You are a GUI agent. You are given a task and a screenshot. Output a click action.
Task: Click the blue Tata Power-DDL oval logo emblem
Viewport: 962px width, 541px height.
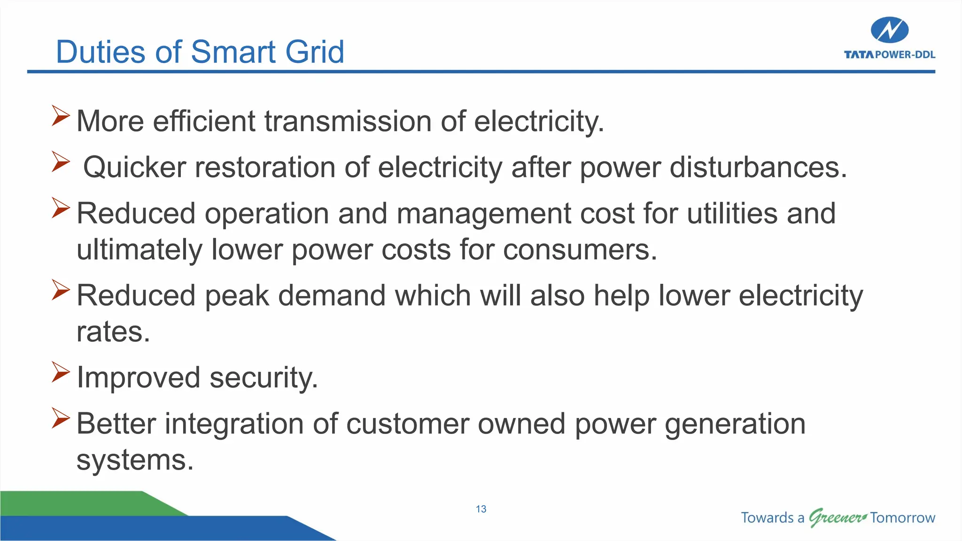[889, 30]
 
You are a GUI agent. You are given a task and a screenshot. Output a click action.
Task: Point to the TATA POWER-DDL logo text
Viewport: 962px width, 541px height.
[889, 55]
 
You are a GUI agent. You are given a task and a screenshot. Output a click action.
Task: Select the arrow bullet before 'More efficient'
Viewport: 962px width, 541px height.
[61, 116]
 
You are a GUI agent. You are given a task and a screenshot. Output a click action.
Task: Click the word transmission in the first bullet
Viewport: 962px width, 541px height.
[348, 121]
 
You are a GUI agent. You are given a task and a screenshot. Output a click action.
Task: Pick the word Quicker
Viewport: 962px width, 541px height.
[135, 167]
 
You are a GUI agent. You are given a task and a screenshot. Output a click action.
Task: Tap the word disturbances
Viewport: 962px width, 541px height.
[758, 167]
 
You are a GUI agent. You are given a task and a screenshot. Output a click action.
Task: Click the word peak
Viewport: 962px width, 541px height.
[237, 296]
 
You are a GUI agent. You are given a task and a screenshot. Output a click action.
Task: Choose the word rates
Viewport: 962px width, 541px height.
[113, 332]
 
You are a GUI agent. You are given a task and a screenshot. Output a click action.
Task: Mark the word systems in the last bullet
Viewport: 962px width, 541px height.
[135, 460]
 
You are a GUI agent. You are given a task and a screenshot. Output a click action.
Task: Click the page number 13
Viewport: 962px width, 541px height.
[481, 509]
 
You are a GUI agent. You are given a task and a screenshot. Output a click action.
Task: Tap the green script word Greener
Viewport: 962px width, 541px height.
[837, 518]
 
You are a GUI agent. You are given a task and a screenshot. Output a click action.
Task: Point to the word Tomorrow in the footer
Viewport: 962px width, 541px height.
[902, 518]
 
